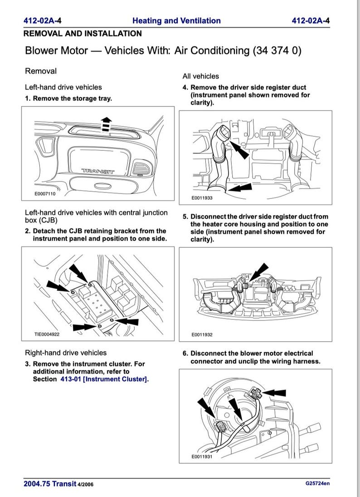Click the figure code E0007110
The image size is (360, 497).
tap(45, 193)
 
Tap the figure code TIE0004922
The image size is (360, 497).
tap(47, 335)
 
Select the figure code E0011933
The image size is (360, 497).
tap(202, 198)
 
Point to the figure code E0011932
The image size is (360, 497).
tap(202, 335)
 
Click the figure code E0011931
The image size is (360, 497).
tap(202, 457)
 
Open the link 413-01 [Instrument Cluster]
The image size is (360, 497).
tap(104, 379)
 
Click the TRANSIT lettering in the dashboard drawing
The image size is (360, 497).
tap(98, 171)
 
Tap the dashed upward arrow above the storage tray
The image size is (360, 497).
tap(106, 124)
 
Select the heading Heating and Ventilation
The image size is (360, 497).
tap(176, 20)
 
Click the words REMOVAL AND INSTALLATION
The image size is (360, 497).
tap(82, 34)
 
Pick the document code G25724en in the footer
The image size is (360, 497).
tap(318, 483)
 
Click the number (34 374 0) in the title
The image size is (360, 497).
tap(277, 50)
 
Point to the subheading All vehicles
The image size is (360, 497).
tap(200, 76)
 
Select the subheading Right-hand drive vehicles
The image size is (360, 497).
tap(66, 352)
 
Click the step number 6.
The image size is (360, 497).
tap(185, 353)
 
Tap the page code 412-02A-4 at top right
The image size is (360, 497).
tap(311, 20)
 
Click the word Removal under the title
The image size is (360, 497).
tap(41, 71)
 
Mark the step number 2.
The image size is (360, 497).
tap(28, 231)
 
